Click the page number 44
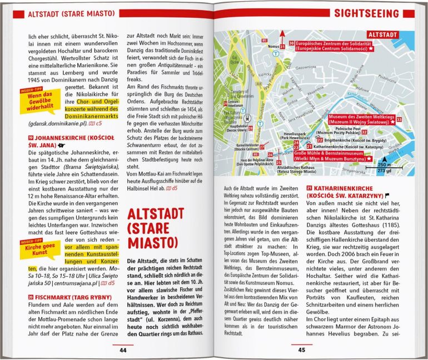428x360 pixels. point(123,350)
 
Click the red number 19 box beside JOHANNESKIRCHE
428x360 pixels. point(31,137)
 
